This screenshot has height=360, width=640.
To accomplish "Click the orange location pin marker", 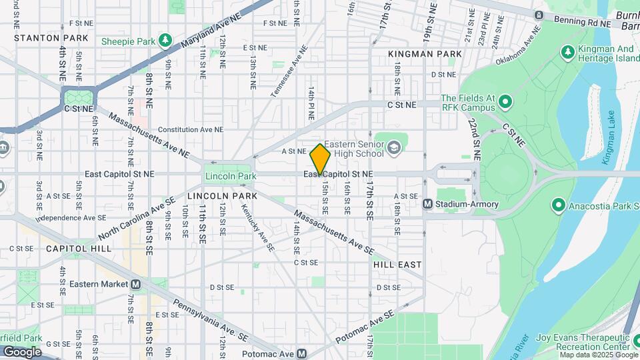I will tap(321, 159).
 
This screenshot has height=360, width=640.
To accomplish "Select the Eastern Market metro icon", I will tap(136, 284).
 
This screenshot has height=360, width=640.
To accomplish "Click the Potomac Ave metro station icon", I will tap(301, 354).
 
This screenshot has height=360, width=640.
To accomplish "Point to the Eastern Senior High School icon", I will tap(394, 147).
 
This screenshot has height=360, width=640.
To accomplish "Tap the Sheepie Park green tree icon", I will tap(164, 41).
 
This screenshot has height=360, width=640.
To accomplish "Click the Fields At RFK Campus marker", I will tap(505, 103).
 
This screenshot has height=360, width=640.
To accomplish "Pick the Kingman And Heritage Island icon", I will tap(568, 51).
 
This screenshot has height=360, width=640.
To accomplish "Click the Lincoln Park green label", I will tap(230, 176).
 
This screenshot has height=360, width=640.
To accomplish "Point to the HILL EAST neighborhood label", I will tap(397, 265).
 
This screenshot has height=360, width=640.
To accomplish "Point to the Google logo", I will tap(22, 351).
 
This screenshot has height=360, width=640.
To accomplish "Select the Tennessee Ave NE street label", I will tap(289, 72).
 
